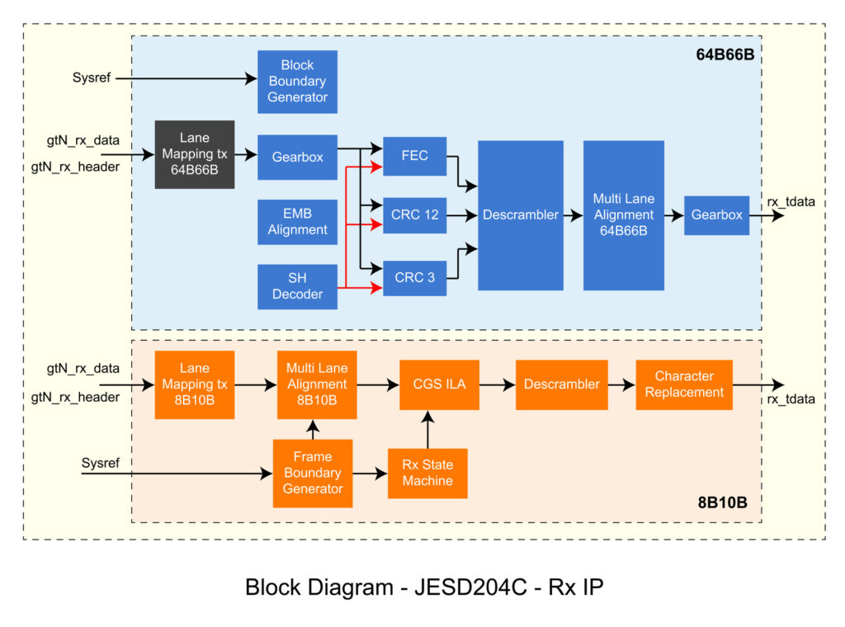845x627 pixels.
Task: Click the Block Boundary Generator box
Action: pos(297,82)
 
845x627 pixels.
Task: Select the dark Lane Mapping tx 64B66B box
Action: pos(195,154)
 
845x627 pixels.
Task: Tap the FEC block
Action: pos(414,156)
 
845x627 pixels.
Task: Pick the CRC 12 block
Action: pos(414,215)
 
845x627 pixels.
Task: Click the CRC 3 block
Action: pos(414,277)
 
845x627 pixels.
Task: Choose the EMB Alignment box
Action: pos(297,222)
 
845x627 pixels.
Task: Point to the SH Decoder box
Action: pos(297,286)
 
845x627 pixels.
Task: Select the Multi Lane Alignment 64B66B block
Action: pos(623,215)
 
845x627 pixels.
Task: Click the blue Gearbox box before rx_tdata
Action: pos(716,215)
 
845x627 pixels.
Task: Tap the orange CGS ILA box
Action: pos(439,384)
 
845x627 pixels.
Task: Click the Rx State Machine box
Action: pos(427,473)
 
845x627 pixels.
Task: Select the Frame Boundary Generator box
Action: pos(312,473)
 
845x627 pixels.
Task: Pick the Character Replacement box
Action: pos(683,384)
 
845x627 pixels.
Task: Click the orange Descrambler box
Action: pos(561,384)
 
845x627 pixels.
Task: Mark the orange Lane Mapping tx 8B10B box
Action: pos(195,384)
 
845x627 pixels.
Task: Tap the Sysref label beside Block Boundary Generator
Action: pos(91,78)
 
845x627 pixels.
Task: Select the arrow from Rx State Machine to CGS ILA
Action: pos(427,429)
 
